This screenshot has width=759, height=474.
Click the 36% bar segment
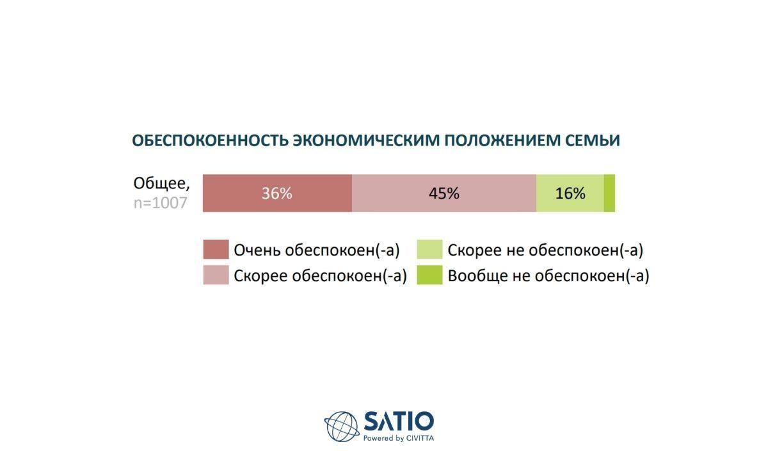[x=277, y=193]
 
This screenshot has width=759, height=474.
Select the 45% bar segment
[x=444, y=193]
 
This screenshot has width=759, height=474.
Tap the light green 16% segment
[x=570, y=193]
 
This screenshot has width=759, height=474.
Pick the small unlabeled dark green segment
[x=609, y=193]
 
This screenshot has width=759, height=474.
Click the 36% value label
[x=277, y=193]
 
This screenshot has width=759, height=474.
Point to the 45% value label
[x=444, y=193]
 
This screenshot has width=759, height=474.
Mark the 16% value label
[x=570, y=193]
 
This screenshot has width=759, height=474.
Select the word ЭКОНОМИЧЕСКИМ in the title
[x=367, y=140]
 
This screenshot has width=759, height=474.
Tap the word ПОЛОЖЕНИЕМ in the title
[x=502, y=140]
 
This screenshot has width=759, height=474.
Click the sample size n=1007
[x=160, y=203]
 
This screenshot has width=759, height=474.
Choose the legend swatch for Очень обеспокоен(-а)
[x=216, y=250]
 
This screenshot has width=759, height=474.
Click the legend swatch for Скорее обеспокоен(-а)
[x=216, y=275]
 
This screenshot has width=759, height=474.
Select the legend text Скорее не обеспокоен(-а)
[x=545, y=250]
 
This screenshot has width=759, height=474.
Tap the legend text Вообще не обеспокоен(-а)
[x=548, y=276]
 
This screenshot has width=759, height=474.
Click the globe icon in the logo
[x=342, y=427]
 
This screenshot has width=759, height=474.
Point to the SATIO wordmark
[x=399, y=421]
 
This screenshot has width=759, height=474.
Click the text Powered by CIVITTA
[x=398, y=438]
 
